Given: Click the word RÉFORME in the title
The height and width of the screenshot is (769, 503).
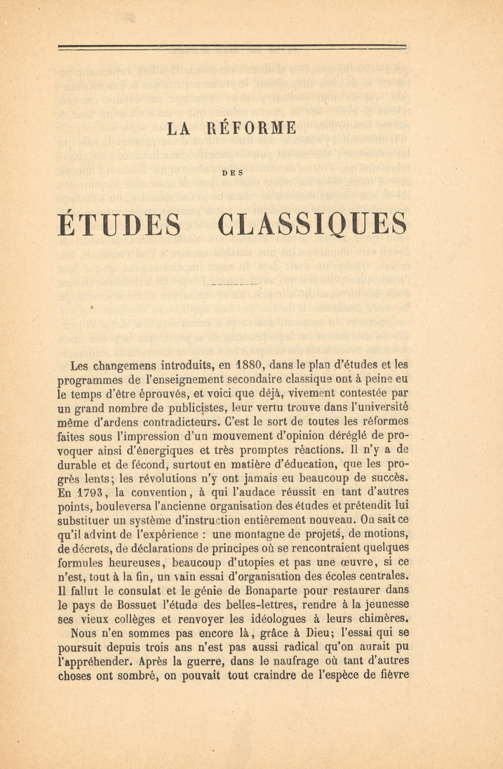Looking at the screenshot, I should pyautogui.click(x=251, y=128).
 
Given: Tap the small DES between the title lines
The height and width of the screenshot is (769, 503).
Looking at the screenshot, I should pyautogui.click(x=233, y=173).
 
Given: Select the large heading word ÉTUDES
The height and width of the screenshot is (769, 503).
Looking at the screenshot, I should pyautogui.click(x=120, y=225).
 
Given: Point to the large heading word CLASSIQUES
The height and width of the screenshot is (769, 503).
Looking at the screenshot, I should pyautogui.click(x=313, y=225).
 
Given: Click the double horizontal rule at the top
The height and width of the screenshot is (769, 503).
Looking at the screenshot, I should pyautogui.click(x=232, y=48).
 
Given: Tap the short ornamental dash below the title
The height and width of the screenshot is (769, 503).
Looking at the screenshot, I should pyautogui.click(x=232, y=286).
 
